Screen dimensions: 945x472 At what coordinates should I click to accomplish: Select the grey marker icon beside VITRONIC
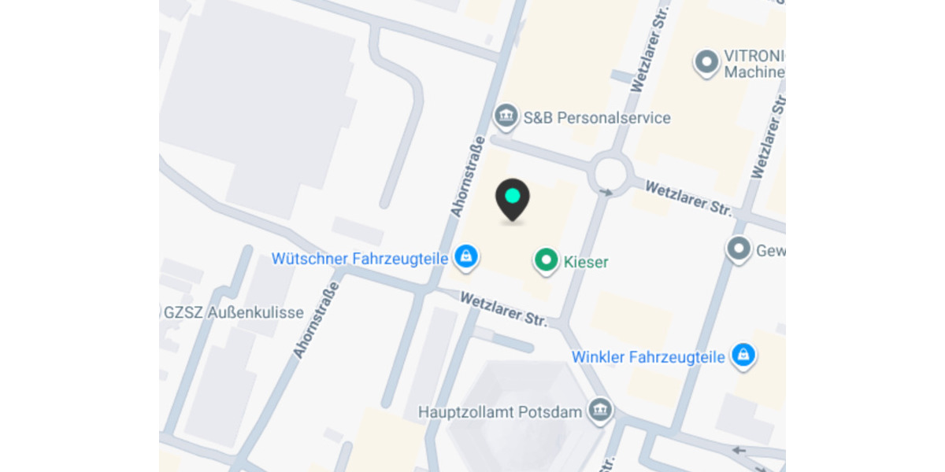[706, 61]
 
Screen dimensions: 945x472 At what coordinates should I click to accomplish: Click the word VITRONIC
[754, 57]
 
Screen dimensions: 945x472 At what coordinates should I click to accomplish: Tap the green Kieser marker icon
[546, 260]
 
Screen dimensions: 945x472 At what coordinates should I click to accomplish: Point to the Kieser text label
[587, 262]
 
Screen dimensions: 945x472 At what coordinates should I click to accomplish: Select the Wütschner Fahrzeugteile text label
[360, 258]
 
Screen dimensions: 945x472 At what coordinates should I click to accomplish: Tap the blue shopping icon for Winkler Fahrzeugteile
[742, 355]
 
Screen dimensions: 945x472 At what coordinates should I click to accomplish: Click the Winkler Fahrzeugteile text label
[648, 357]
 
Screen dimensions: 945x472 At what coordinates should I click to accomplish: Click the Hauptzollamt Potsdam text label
[500, 412]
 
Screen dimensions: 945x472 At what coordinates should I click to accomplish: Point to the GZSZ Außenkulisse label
[233, 312]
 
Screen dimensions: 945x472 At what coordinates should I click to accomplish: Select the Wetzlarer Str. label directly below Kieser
[504, 308]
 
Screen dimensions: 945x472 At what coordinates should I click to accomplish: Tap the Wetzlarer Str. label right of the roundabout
[689, 198]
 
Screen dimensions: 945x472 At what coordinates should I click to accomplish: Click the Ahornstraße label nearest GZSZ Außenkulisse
[311, 323]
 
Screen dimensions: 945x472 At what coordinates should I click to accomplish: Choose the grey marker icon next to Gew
[739, 249]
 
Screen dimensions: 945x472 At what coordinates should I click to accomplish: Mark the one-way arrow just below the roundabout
[606, 192]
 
